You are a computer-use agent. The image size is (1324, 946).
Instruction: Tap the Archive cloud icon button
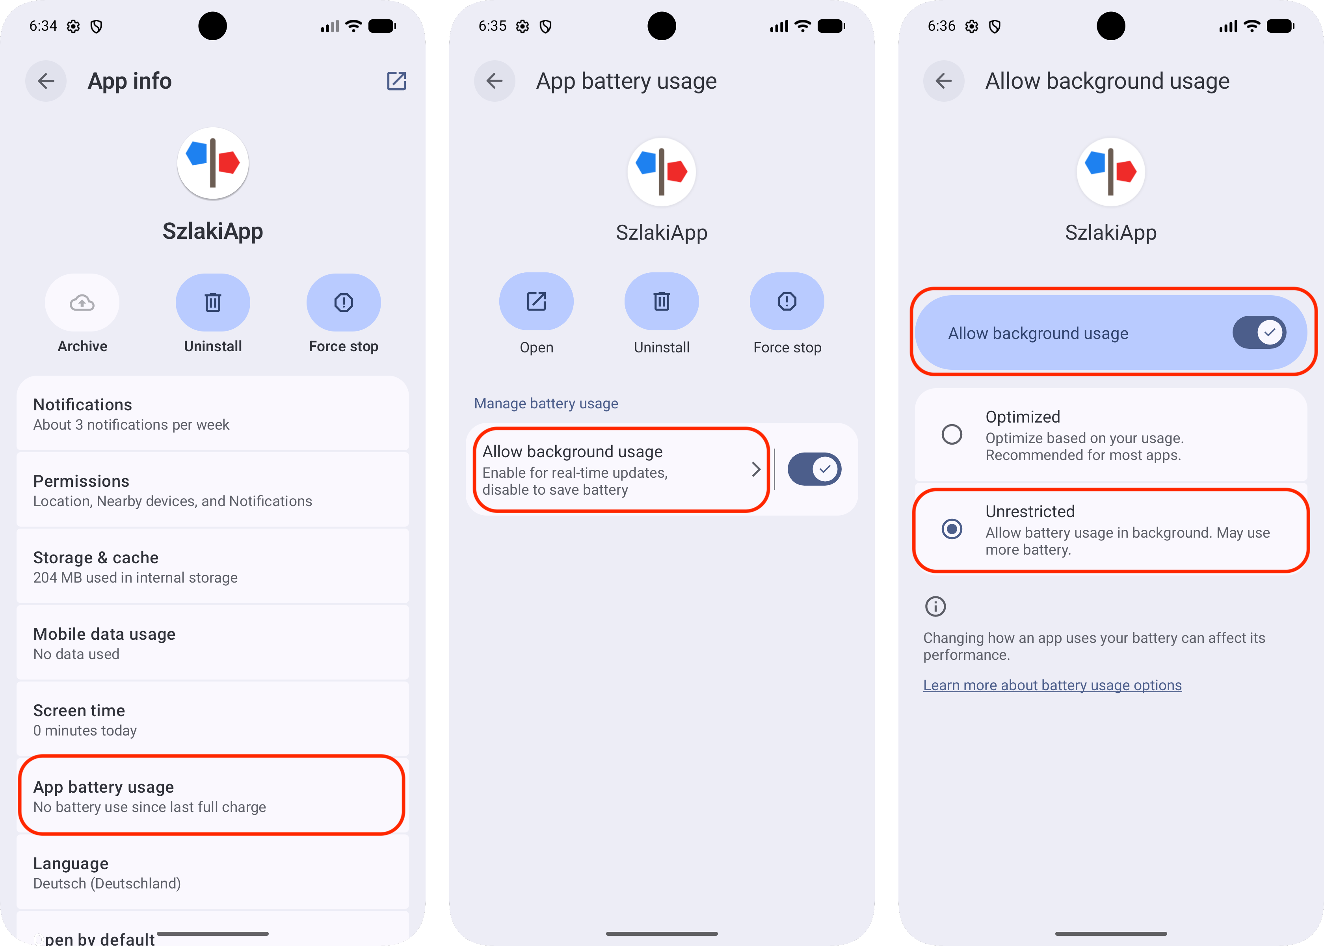point(82,302)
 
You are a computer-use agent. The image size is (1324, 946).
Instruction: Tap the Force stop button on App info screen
point(344,302)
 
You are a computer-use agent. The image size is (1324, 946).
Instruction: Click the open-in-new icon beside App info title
point(396,81)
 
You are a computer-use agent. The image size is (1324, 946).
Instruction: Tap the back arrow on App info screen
point(46,81)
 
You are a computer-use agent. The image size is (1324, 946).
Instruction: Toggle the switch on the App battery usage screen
point(814,469)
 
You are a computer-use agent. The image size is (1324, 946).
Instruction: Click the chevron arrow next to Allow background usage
point(756,469)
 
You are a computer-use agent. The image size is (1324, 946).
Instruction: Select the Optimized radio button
point(952,434)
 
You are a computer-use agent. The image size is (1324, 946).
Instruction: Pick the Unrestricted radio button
point(952,529)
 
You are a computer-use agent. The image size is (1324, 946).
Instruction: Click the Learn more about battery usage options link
point(1052,685)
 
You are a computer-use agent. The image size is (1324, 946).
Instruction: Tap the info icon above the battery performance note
point(935,606)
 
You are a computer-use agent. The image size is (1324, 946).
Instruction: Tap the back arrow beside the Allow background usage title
point(944,81)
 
